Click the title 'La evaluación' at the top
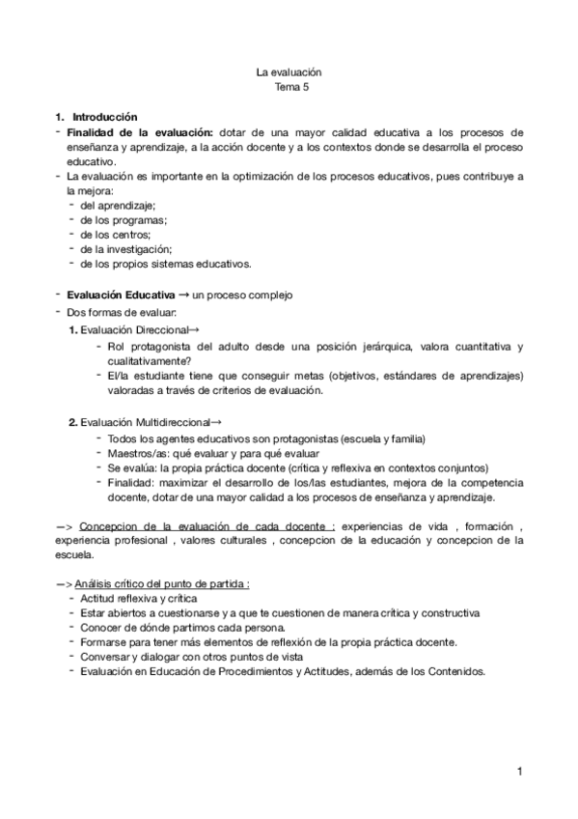pyautogui.click(x=289, y=71)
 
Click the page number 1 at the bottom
pyautogui.click(x=518, y=772)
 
